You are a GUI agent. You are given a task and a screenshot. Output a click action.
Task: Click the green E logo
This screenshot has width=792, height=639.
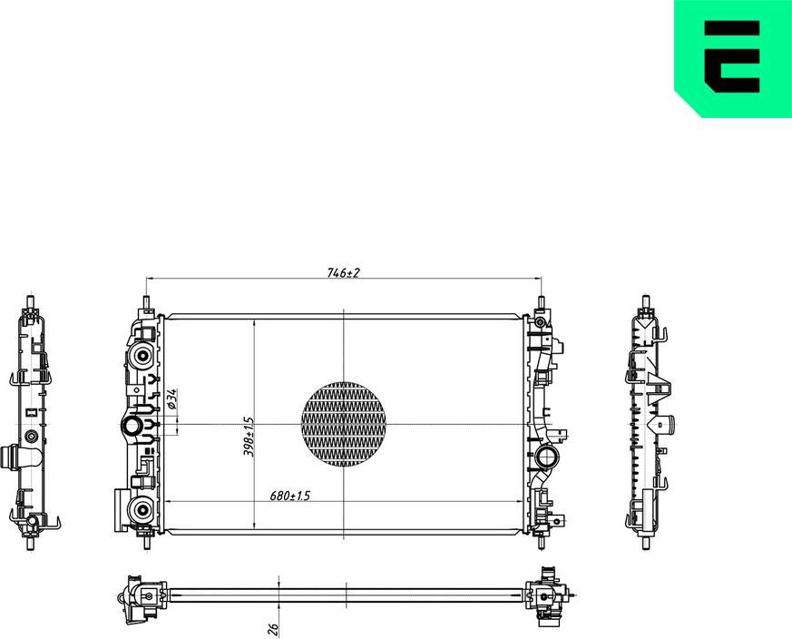point(733,58)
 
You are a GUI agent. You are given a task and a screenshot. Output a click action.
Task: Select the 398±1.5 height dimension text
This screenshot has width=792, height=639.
point(248,436)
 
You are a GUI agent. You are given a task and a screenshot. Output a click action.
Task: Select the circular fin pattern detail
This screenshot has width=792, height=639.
point(343,424)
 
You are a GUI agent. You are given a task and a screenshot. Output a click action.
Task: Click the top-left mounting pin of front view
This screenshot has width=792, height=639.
point(146,302)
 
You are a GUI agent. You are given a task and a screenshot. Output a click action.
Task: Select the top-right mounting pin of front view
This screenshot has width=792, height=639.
point(542,302)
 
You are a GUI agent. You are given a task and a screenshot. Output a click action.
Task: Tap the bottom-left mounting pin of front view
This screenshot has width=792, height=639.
point(146,542)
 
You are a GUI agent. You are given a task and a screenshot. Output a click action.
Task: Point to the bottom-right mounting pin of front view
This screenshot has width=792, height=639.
point(542,542)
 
